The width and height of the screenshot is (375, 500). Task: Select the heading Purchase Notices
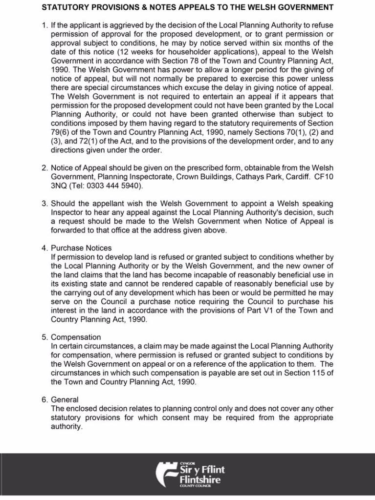81,248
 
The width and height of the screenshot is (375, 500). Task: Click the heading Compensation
76,337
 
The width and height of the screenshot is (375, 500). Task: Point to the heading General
65,400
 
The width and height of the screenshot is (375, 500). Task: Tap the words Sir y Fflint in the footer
202,470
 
